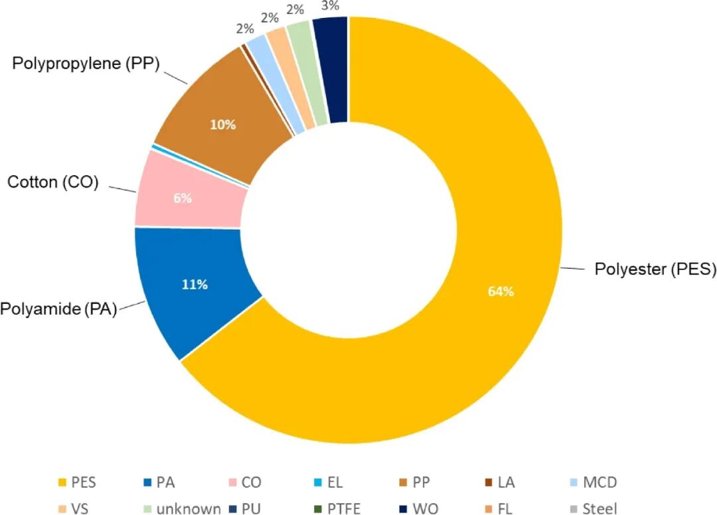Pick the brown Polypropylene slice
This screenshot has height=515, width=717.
(x=224, y=119)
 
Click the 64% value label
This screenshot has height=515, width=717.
(x=501, y=291)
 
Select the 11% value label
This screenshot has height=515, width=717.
(x=195, y=285)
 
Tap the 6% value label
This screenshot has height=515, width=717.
(x=183, y=198)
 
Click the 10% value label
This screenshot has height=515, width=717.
(x=222, y=124)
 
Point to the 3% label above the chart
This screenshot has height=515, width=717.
(x=330, y=5)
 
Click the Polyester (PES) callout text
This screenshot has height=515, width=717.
(x=655, y=269)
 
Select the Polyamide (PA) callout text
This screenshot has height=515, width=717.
(x=58, y=309)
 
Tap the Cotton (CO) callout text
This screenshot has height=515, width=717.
(x=53, y=182)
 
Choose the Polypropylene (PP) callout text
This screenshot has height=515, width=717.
(x=86, y=63)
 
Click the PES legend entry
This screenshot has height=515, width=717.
(x=77, y=482)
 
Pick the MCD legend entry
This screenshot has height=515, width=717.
(x=594, y=482)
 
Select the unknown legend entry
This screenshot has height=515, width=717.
(x=182, y=508)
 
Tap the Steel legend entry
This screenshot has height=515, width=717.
(x=594, y=508)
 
